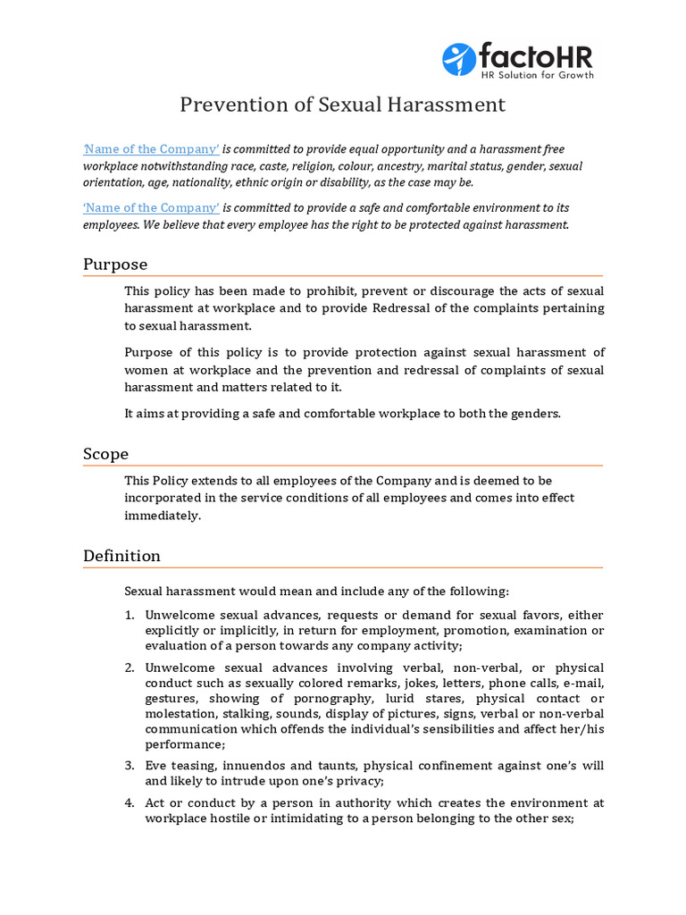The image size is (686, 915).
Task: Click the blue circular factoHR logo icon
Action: click(x=459, y=59)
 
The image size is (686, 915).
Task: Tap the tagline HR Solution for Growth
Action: click(x=538, y=75)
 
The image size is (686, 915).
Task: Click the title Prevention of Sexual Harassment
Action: click(x=342, y=105)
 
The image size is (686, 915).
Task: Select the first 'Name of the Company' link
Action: click(x=151, y=149)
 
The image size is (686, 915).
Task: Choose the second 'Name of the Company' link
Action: click(x=151, y=208)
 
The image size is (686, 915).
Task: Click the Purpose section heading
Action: click(x=115, y=264)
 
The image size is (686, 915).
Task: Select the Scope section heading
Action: click(x=105, y=454)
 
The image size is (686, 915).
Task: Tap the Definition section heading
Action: click(x=121, y=556)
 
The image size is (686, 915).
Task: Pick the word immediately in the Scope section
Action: click(x=162, y=516)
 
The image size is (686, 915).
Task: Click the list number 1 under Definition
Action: click(x=129, y=616)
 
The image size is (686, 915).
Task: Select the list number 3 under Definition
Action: click(x=129, y=765)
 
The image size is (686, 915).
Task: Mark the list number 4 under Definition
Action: click(x=129, y=803)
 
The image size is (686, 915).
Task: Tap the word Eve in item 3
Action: click(x=156, y=765)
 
